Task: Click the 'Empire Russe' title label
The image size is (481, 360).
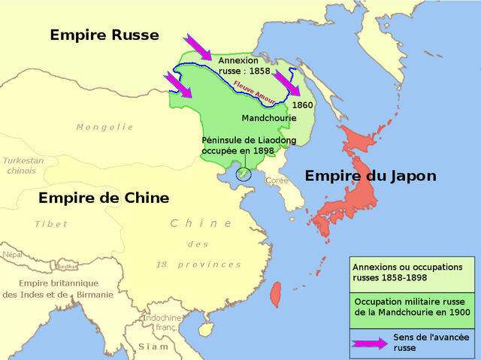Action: (x=104, y=35)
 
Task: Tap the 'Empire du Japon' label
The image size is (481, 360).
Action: (x=371, y=176)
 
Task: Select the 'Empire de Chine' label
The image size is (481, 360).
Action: (x=104, y=198)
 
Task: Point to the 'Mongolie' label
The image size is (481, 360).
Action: (x=104, y=127)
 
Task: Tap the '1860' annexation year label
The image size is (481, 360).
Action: (x=302, y=104)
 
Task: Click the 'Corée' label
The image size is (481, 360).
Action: (x=277, y=180)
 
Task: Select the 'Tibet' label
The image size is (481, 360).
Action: (x=51, y=224)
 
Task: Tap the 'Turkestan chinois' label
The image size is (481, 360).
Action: (x=23, y=165)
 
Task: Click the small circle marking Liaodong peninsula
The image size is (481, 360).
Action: (x=243, y=174)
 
